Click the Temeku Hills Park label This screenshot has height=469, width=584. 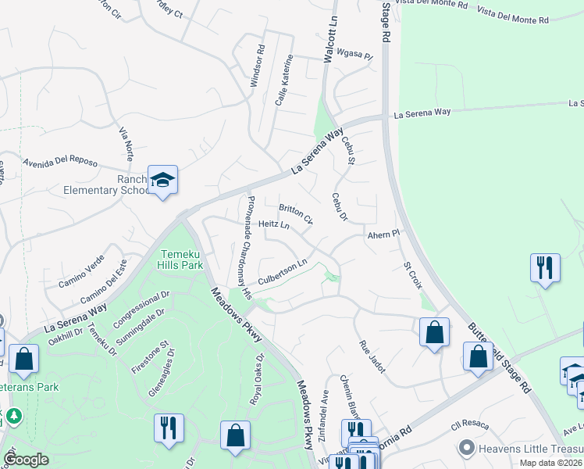point(181,260)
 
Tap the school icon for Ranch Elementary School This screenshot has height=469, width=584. point(163,181)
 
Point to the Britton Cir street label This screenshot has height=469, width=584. point(296,213)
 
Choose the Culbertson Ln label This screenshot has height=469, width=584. point(283,273)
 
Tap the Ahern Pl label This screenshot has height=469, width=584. point(384,234)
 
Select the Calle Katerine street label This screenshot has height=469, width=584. point(283,80)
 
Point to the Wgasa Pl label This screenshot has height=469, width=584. point(349,54)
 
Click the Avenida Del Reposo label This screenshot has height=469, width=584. point(60,163)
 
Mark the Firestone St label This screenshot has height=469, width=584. point(155,356)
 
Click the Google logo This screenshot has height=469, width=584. point(27,460)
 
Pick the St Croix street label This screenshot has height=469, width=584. point(412,274)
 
